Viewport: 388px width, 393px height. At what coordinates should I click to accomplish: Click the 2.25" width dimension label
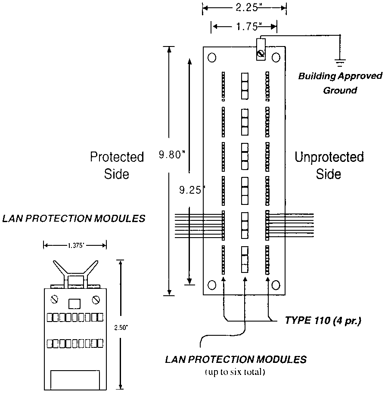(x=247, y=7)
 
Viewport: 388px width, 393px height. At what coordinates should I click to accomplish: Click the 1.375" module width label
(x=75, y=246)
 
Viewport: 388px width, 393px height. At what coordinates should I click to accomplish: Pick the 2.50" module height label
(x=121, y=328)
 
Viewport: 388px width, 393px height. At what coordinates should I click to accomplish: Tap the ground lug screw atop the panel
(x=261, y=53)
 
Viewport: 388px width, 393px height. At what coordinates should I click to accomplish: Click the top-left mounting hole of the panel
(x=212, y=57)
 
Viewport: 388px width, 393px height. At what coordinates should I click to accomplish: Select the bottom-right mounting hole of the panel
(x=276, y=285)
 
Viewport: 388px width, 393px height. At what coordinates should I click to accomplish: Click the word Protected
(x=117, y=157)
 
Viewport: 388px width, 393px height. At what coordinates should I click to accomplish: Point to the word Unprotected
(x=329, y=157)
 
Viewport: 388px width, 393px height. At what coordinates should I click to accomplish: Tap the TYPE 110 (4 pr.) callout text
(x=323, y=321)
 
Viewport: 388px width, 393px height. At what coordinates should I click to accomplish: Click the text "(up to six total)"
(x=235, y=372)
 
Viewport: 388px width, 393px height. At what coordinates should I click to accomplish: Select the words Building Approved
(x=340, y=76)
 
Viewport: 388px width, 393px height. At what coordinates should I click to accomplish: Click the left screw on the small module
(x=54, y=299)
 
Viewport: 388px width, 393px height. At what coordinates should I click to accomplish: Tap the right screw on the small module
(x=96, y=300)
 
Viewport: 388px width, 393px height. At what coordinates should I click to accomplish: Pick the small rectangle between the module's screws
(x=74, y=304)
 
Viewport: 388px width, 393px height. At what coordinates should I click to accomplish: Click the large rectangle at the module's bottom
(x=75, y=380)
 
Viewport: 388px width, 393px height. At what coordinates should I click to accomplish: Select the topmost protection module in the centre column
(x=245, y=86)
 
